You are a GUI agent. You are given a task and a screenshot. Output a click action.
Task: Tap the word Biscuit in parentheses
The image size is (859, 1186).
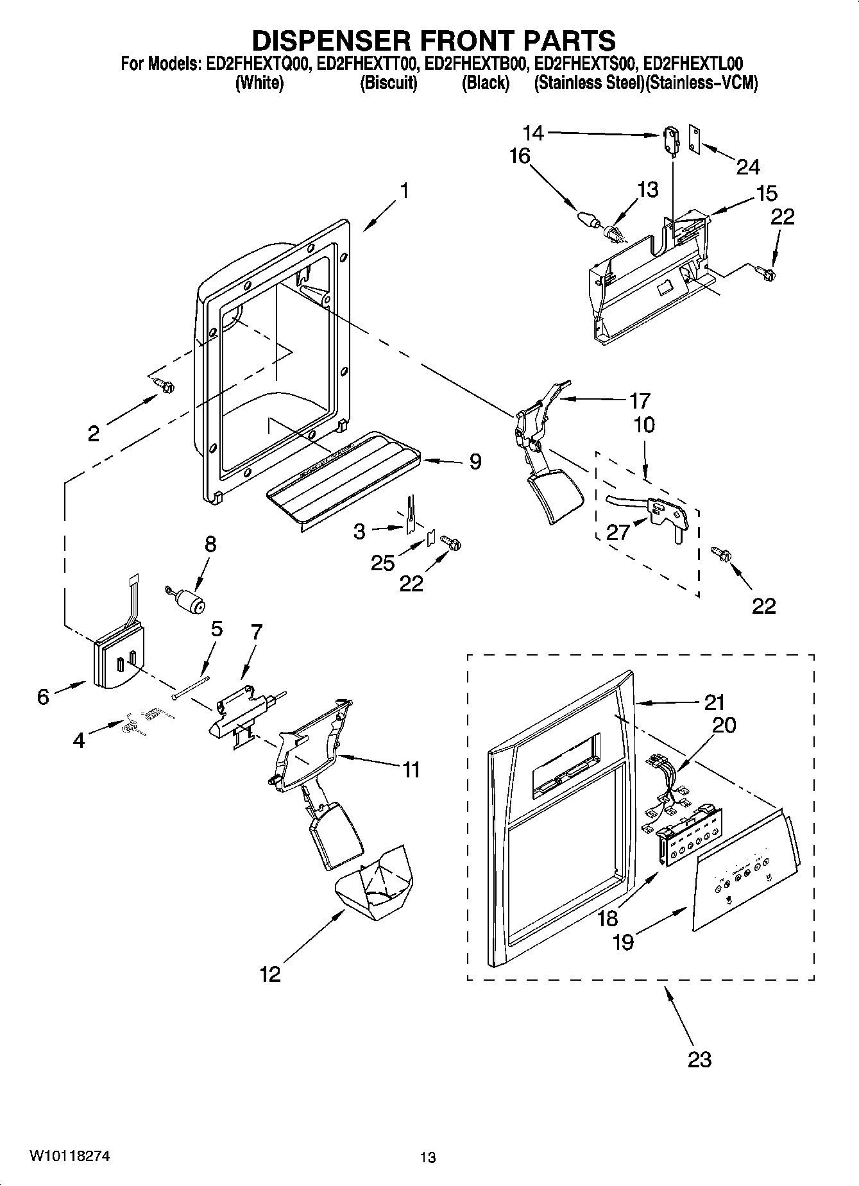pyautogui.click(x=389, y=83)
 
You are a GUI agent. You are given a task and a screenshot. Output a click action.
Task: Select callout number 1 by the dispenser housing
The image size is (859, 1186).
pyautogui.click(x=404, y=191)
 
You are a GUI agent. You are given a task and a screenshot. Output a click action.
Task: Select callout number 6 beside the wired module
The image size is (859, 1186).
pyautogui.click(x=42, y=697)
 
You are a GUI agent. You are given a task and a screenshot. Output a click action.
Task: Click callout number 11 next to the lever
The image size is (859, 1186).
pyautogui.click(x=411, y=769)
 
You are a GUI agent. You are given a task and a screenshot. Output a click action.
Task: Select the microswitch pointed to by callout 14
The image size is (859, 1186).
pyautogui.click(x=671, y=140)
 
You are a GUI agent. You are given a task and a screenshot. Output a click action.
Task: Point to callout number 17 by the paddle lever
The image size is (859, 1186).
pyautogui.click(x=639, y=401)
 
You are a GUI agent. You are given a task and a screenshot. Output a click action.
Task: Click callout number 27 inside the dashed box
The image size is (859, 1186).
pyautogui.click(x=618, y=532)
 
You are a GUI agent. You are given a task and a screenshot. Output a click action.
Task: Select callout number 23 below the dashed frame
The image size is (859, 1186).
pyautogui.click(x=699, y=1059)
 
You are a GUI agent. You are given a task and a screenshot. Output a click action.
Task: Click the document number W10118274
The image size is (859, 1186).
pyautogui.click(x=69, y=1156)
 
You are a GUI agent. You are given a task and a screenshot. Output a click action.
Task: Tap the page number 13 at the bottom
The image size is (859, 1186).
pyautogui.click(x=428, y=1158)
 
